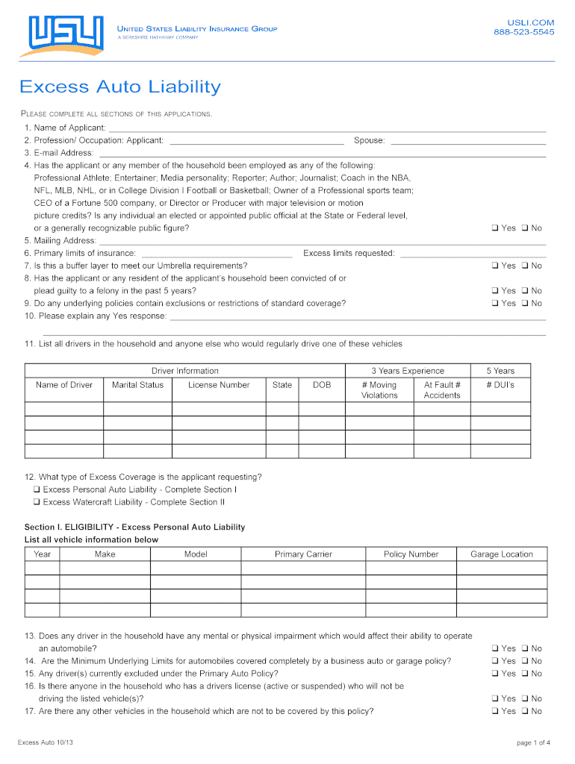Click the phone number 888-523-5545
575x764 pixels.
click(523, 32)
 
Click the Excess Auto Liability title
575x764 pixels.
click(120, 87)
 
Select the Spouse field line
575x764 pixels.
click(468, 141)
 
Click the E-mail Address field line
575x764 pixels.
click(322, 154)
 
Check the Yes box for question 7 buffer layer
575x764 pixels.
click(495, 266)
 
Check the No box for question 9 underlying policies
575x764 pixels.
click(525, 304)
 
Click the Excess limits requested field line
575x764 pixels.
click(472, 254)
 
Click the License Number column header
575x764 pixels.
click(219, 385)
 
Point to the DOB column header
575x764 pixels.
click(321, 385)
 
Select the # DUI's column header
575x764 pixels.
click(500, 385)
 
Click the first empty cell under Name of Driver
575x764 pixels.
click(63, 409)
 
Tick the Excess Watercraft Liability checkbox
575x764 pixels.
click(37, 503)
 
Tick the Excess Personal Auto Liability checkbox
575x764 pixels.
click(37, 490)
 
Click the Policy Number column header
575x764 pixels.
click(411, 554)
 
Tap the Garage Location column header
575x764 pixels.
click(501, 554)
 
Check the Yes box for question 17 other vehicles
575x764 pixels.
click(495, 712)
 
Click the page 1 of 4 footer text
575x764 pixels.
click(533, 742)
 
